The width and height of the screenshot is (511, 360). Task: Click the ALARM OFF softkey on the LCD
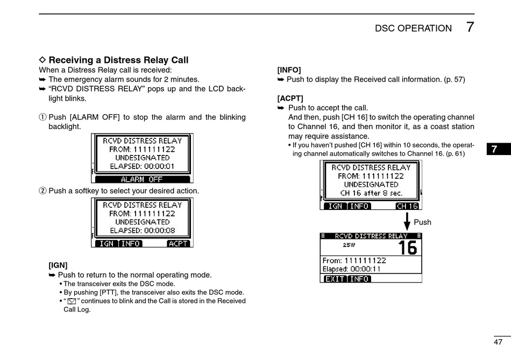[x=141, y=179]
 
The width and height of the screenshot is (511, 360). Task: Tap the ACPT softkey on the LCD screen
[x=178, y=243]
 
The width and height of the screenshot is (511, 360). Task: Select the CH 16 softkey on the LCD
[x=407, y=206]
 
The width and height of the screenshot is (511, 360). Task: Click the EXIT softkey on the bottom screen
[x=335, y=279]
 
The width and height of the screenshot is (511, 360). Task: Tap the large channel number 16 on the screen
[x=407, y=248]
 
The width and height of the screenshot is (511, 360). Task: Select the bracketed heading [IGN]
[x=58, y=265]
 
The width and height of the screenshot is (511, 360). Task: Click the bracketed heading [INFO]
[x=289, y=70]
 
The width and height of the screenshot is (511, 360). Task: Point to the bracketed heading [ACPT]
[x=290, y=98]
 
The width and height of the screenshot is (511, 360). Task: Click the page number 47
[x=498, y=342]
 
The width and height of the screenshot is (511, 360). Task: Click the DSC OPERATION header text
[x=413, y=29]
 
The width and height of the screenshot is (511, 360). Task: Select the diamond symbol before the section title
[x=43, y=60]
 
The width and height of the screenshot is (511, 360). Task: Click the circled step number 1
[x=42, y=117]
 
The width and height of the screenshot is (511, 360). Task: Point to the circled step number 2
[x=42, y=191]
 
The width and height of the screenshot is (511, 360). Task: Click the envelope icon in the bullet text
[x=72, y=301]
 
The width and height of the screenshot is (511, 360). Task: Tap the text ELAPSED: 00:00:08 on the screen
[x=142, y=230]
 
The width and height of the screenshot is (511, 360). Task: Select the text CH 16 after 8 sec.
[x=371, y=193]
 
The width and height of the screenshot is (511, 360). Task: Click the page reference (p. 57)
[x=455, y=80]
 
